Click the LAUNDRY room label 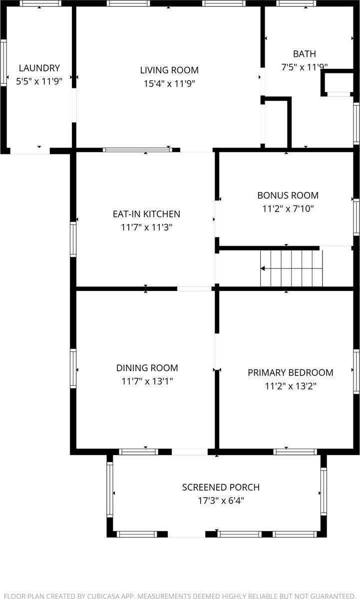point(39,68)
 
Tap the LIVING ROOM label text point(169,70)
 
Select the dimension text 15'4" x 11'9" point(169,84)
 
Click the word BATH point(305,54)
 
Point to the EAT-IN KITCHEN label point(146,214)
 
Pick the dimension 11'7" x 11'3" point(146,227)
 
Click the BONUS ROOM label point(288,196)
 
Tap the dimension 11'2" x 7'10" point(288,209)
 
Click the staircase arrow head point(263,269)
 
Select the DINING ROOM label point(147,368)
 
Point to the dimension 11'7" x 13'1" point(147,381)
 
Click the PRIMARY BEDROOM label point(291,373)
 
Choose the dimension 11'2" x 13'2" point(291,386)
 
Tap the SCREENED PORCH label point(221,488)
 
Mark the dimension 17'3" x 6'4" point(221,501)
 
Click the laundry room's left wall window point(3,63)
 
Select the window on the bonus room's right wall point(357,217)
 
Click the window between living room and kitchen point(138,150)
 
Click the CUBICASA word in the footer point(103,596)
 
